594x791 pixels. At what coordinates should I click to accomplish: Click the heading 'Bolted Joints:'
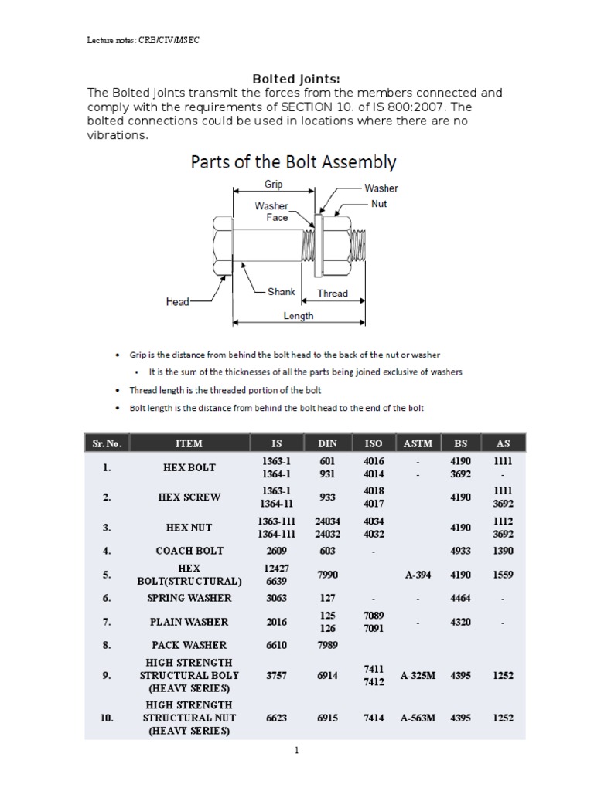pos(298,78)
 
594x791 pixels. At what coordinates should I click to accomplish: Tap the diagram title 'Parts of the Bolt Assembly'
pos(293,162)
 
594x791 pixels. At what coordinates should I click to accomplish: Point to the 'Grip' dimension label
pos(273,185)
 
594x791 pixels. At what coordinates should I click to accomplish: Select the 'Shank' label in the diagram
pos(281,292)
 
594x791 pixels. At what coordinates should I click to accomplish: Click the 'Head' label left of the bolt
pos(177,301)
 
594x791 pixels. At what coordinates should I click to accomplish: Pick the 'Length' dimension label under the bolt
pos(299,316)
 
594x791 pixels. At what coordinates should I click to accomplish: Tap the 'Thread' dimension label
pos(333,294)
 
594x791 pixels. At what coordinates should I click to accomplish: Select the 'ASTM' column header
pos(418,443)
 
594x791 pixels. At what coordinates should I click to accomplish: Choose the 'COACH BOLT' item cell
pos(189,551)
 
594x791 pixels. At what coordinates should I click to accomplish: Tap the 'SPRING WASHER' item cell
pos(189,598)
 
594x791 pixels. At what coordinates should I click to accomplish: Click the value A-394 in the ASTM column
pos(418,575)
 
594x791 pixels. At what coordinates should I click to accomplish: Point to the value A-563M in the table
pos(418,718)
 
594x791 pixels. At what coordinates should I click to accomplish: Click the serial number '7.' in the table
pos(107,621)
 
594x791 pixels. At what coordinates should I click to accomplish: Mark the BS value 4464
pos(460,598)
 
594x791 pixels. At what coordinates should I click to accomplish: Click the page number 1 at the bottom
pos(296,751)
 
